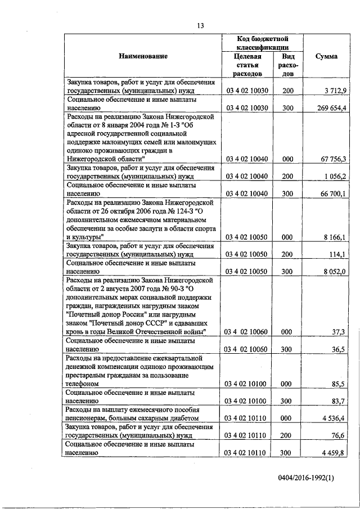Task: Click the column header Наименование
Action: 143,56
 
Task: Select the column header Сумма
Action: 326,56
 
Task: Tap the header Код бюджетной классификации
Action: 263,43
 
